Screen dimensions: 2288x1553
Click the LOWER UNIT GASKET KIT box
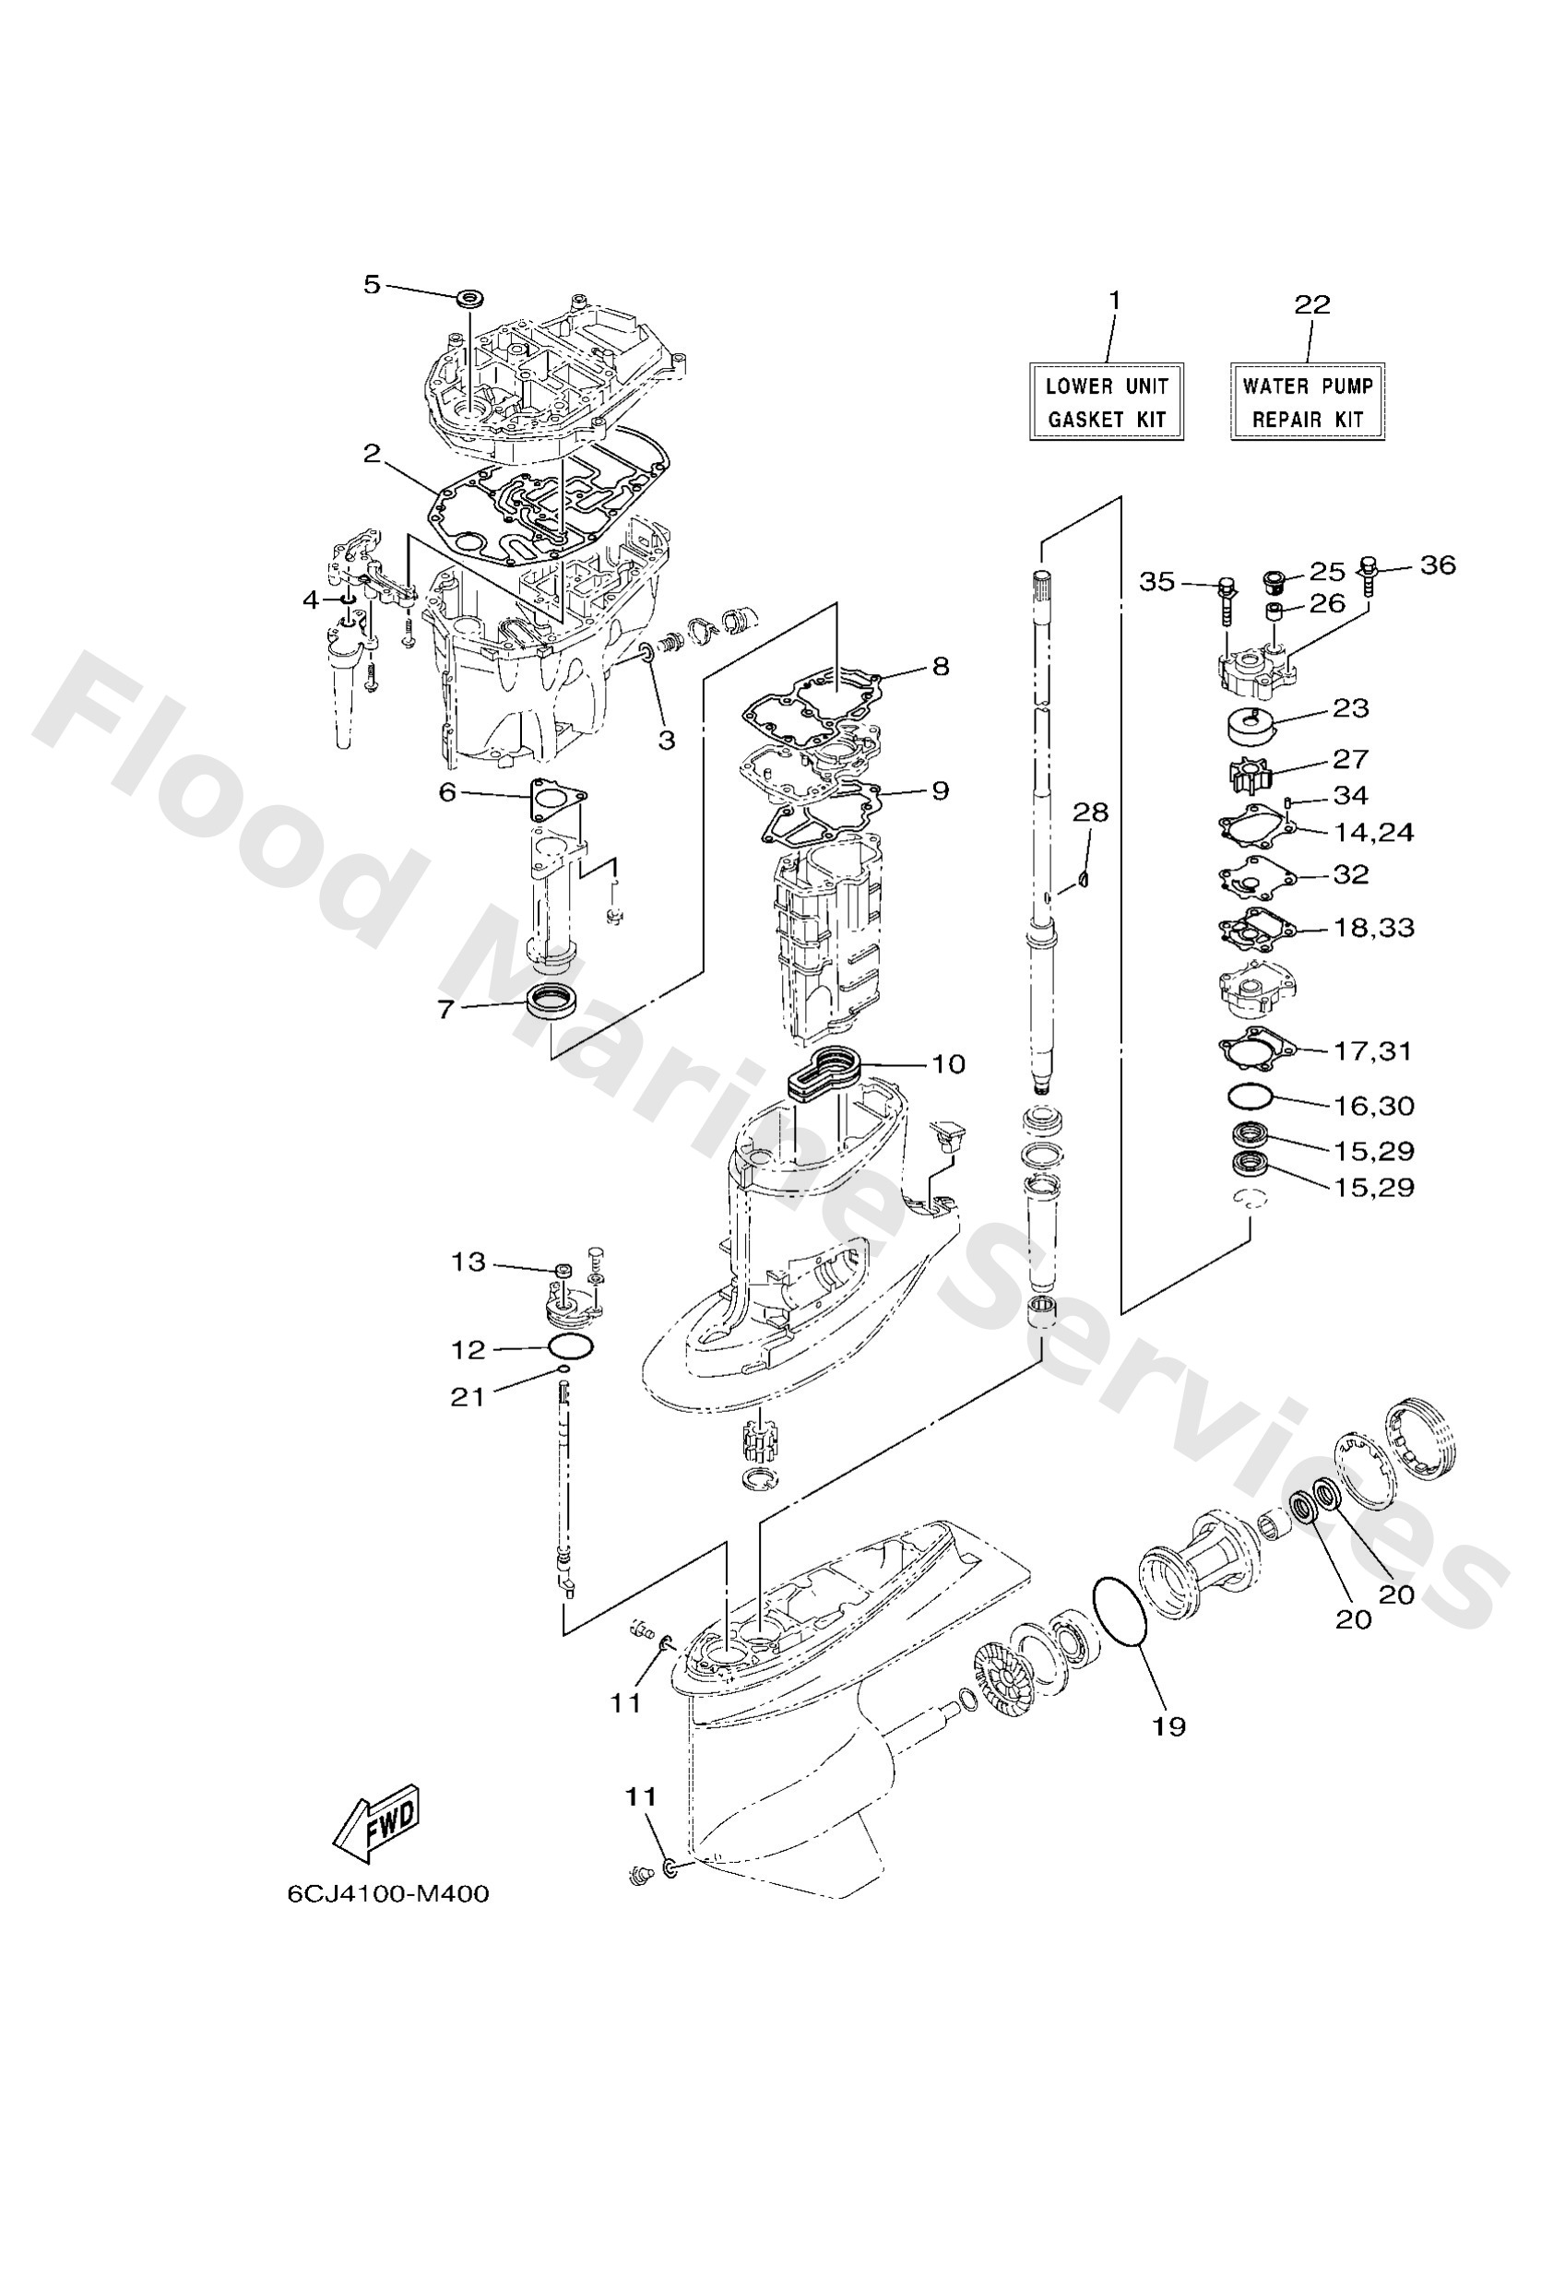click(1105, 402)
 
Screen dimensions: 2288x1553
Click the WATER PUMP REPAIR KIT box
click(1307, 402)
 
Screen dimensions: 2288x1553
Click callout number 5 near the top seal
click(372, 285)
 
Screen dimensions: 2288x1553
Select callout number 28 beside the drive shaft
click(1090, 812)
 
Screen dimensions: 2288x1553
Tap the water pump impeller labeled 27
click(1251, 771)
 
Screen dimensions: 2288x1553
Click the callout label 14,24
click(1374, 832)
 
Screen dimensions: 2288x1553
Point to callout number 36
click(1438, 565)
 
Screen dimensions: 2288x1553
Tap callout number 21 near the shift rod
click(467, 1396)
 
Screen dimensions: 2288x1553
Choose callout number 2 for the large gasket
click(372, 453)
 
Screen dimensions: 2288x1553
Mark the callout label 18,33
click(1374, 928)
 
